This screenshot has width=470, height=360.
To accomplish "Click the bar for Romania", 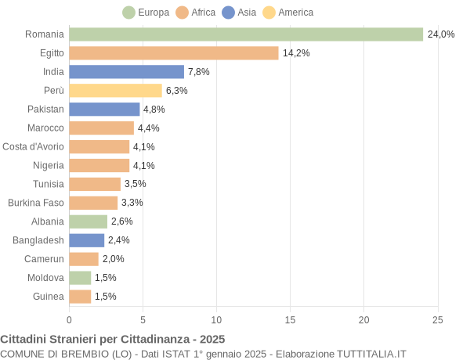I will (246, 34).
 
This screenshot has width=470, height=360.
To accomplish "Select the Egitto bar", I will (174, 53).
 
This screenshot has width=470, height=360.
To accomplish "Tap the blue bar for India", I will (126, 72).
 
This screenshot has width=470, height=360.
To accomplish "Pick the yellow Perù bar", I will (115, 91).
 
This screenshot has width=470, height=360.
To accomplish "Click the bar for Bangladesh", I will (86, 240).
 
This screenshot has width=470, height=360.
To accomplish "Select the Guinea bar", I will (80, 297).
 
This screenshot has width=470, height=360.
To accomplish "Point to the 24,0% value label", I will (441, 34).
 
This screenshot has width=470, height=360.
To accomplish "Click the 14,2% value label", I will (296, 53).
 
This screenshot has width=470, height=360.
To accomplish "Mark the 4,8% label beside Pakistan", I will (154, 110).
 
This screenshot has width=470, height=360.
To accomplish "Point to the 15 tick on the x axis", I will (290, 319).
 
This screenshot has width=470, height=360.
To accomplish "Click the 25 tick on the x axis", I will (437, 319).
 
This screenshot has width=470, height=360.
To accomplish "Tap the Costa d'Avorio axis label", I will (33, 146).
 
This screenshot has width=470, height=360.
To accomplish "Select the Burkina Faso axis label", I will (36, 203).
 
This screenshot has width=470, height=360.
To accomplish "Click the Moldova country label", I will (45, 278).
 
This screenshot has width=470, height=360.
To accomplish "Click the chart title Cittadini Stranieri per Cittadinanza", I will (113, 339).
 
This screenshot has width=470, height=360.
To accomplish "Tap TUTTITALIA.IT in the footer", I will (371, 354).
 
